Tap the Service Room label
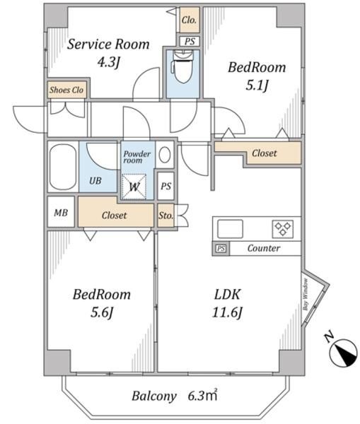click(x=108, y=45)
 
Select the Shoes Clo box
click(x=67, y=90)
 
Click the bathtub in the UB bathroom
click(x=63, y=167)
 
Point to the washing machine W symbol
click(x=134, y=187)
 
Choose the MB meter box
click(x=61, y=212)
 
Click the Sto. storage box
click(x=166, y=216)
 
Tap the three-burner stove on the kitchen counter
click(x=283, y=229)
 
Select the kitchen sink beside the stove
click(x=230, y=229)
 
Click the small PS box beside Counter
click(x=221, y=248)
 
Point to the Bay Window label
click(x=306, y=295)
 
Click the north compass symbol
click(x=343, y=353)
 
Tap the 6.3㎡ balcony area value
click(x=202, y=396)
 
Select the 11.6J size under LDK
click(x=227, y=312)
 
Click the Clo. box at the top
click(x=190, y=20)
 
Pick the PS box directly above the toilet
click(x=190, y=42)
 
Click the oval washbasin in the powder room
click(x=165, y=155)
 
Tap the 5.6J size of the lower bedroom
click(x=102, y=312)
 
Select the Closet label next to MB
click(x=115, y=216)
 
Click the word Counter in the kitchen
click(x=264, y=248)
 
